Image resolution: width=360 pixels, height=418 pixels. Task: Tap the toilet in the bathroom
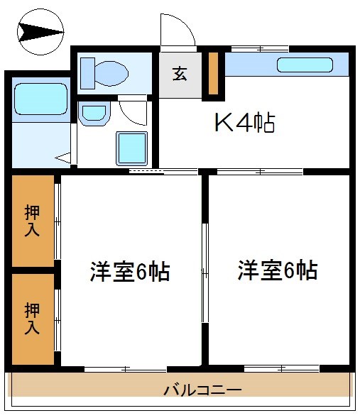tap(104, 72)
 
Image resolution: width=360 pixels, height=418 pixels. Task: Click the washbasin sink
tap(92, 113)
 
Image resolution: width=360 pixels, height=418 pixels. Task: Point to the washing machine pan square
tap(131, 148)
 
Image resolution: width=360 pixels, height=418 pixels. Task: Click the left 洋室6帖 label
tap(129, 272)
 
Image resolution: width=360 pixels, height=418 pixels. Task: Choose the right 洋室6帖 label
tap(277, 270)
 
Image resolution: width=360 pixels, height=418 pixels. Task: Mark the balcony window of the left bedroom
tap(126, 368)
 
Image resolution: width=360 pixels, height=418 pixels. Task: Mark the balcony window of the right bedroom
tap(271, 368)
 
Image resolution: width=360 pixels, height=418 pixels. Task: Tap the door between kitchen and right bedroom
tap(260, 171)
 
